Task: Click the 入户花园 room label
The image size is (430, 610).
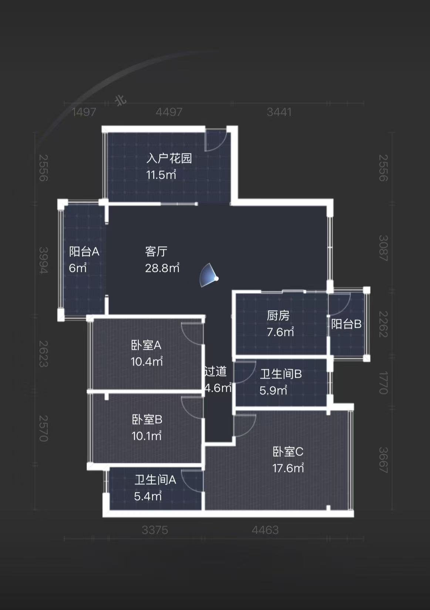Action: [x=169, y=158]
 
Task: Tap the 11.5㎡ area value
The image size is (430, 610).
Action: [x=161, y=175]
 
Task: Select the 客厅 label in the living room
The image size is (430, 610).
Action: [x=156, y=252]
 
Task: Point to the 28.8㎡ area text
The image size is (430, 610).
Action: [x=162, y=268]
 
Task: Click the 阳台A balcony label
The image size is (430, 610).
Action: [x=84, y=252]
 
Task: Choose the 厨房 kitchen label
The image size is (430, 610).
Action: [x=278, y=316]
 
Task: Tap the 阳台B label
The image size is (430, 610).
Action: [x=346, y=324]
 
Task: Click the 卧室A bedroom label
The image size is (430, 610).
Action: [x=146, y=345]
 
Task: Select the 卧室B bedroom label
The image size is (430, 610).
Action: [x=147, y=419]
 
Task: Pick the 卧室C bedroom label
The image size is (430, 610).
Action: [x=288, y=452]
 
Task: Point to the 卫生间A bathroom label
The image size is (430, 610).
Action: [x=155, y=480]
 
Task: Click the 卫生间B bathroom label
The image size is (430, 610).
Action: [x=281, y=374]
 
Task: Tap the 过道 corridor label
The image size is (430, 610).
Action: [x=215, y=371]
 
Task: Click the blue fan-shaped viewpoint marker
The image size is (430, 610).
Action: [x=209, y=276]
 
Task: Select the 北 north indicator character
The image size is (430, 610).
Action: [x=121, y=100]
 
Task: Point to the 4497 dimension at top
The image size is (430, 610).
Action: [x=169, y=112]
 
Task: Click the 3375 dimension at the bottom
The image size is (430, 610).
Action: [x=155, y=530]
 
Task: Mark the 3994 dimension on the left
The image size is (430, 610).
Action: [x=44, y=260]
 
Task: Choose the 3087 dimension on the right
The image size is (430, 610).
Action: [x=383, y=248]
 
